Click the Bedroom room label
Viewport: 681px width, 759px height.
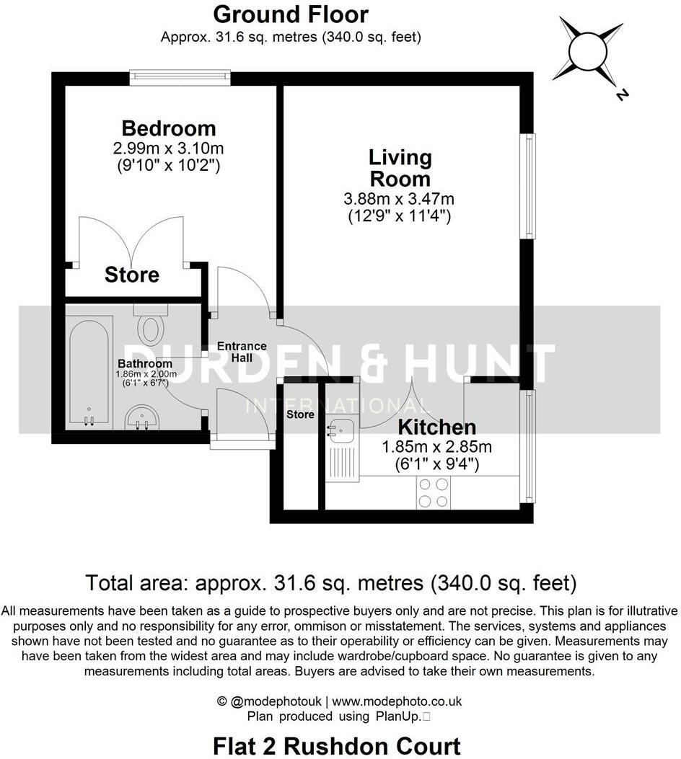(x=168, y=128)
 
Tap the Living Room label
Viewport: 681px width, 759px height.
(x=400, y=167)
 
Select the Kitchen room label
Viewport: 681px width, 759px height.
(x=437, y=427)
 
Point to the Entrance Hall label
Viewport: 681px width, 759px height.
(x=242, y=352)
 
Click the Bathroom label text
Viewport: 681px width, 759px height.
(x=145, y=364)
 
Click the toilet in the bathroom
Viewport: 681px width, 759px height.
(x=151, y=327)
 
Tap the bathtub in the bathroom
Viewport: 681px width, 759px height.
(x=89, y=371)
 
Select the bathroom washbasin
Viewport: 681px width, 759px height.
(x=142, y=417)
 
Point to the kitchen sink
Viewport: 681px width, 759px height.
(x=340, y=430)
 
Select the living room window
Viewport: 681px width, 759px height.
(x=530, y=186)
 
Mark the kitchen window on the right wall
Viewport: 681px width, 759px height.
(x=530, y=447)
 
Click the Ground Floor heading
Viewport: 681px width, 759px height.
(x=291, y=14)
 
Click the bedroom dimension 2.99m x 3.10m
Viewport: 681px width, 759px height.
(x=168, y=149)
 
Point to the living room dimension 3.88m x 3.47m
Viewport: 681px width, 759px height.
(x=400, y=198)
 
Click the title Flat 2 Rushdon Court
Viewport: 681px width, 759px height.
(x=337, y=745)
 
